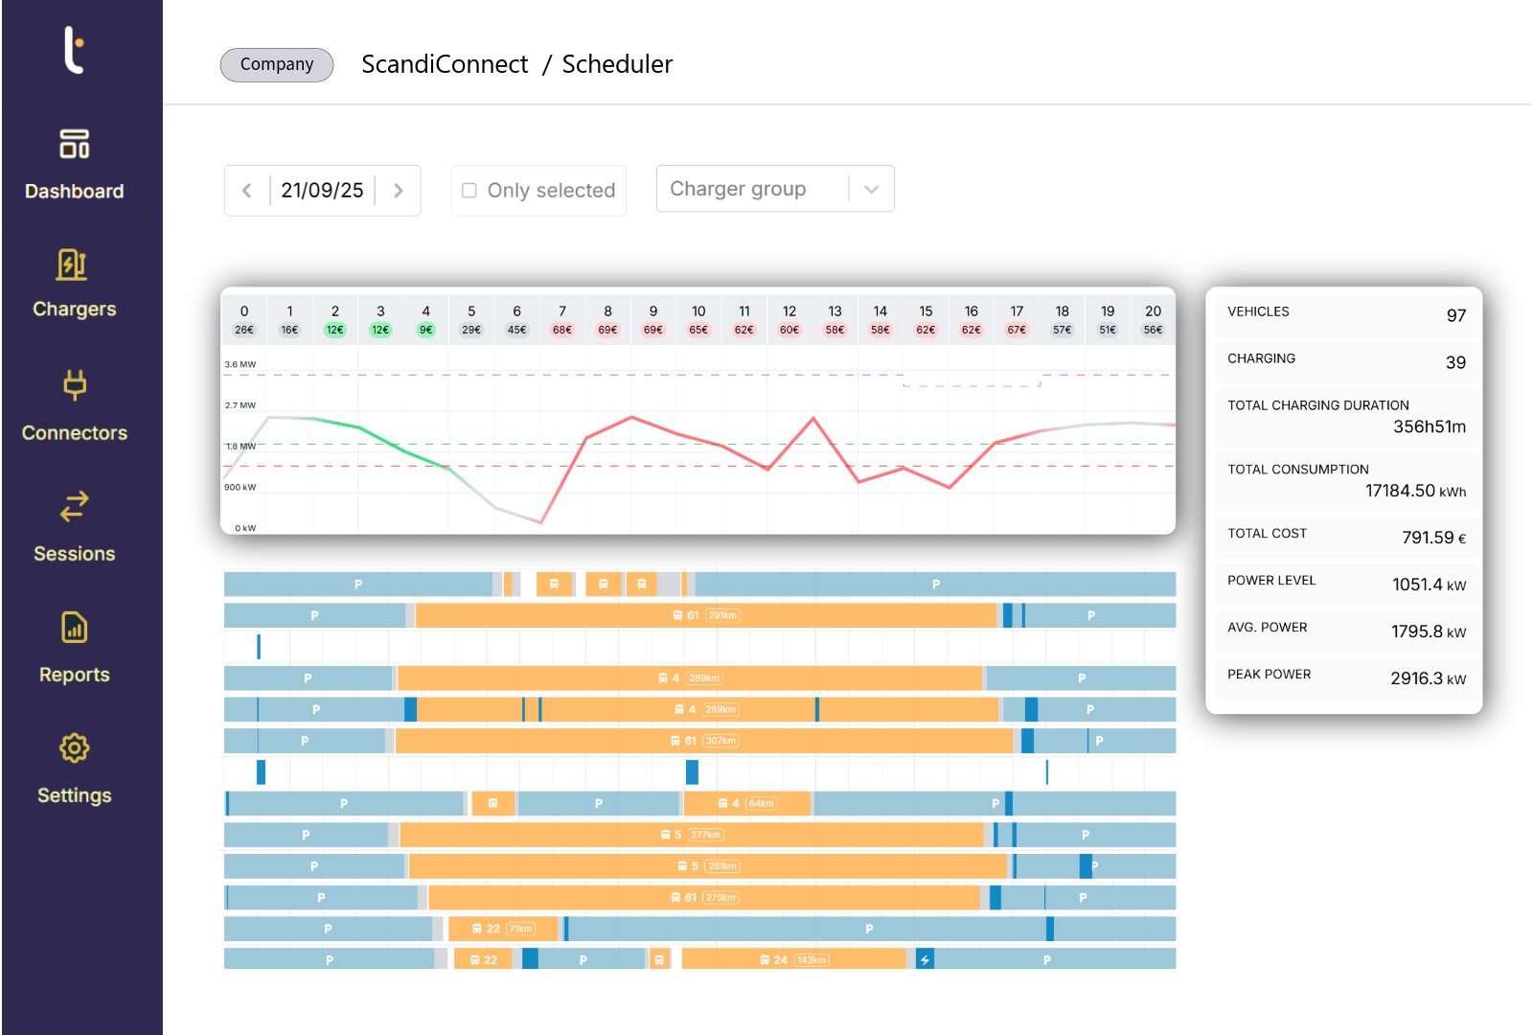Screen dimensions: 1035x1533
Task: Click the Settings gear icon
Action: (75, 748)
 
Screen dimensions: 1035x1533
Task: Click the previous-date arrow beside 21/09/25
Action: (247, 191)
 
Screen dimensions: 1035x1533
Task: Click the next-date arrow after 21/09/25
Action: (399, 191)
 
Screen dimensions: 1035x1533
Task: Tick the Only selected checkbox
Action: (469, 191)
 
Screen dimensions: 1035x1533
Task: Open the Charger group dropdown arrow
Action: (871, 189)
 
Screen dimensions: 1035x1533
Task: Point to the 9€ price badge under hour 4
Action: (426, 330)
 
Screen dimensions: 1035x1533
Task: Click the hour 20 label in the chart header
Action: (1153, 311)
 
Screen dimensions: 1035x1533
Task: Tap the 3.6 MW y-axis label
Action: (240, 364)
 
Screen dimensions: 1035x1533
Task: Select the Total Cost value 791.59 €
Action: (1433, 538)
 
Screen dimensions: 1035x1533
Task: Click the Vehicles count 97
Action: (1456, 315)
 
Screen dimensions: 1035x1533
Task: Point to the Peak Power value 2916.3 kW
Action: (1428, 678)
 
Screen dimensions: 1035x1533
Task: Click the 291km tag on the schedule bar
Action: (722, 615)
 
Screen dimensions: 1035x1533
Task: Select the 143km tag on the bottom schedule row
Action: (812, 959)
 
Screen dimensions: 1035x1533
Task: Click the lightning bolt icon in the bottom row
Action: (925, 959)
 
